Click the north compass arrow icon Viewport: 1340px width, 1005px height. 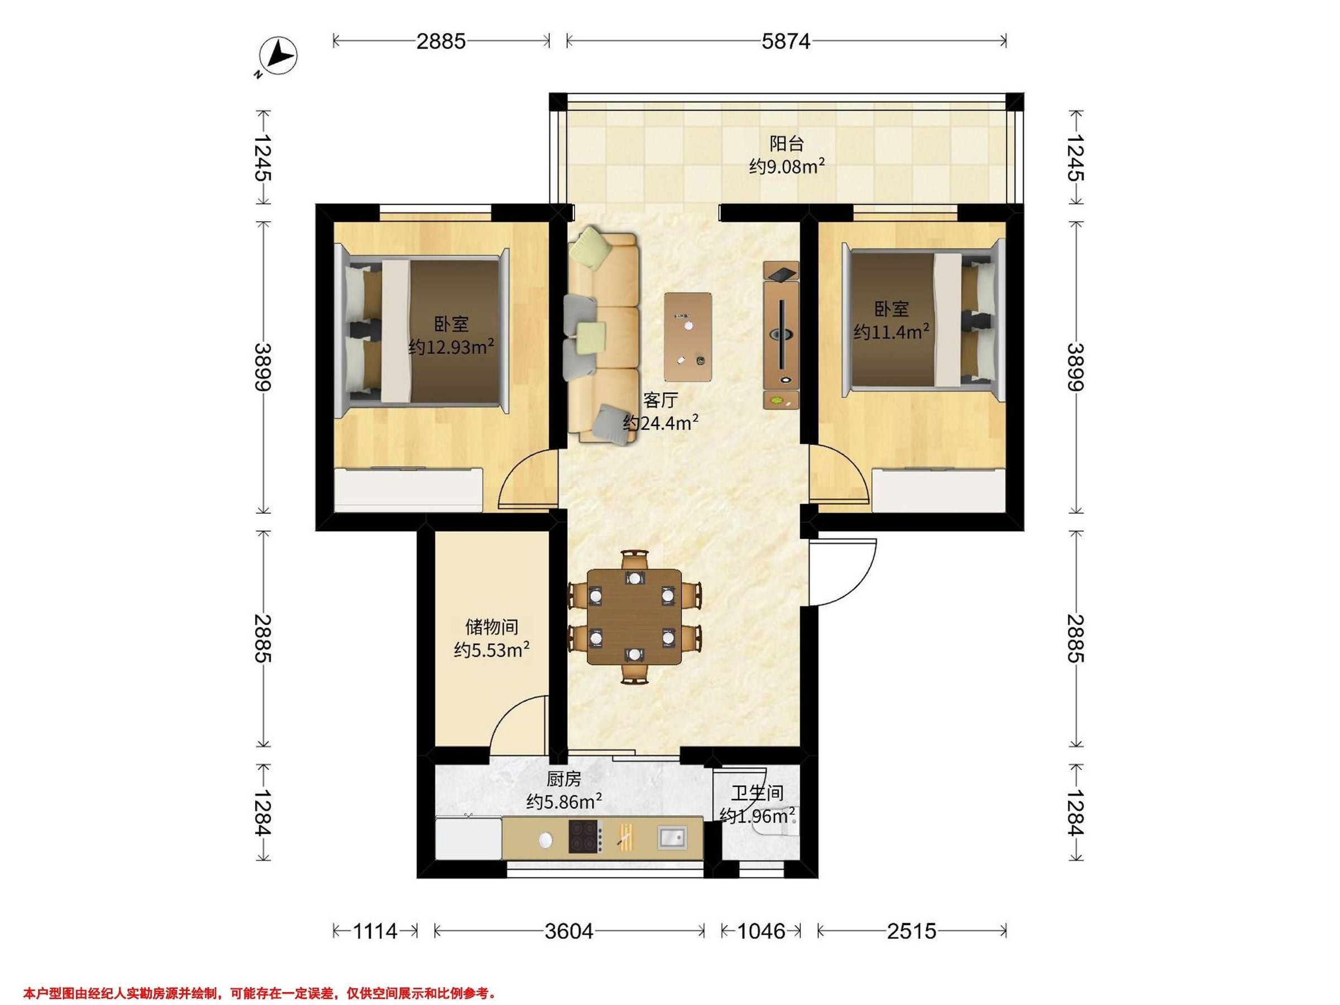(278, 57)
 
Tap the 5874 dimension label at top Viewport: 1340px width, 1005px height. (786, 41)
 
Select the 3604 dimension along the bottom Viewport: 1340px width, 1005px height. (569, 931)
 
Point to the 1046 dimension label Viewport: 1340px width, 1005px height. (761, 931)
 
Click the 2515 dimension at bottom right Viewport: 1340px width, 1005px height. (912, 931)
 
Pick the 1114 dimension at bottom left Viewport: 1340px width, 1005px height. (375, 931)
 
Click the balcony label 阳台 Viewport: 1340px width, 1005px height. (787, 143)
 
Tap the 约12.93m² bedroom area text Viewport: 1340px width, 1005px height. (451, 347)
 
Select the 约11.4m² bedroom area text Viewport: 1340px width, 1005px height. (892, 331)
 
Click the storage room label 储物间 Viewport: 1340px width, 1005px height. (491, 626)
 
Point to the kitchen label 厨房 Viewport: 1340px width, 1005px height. (563, 779)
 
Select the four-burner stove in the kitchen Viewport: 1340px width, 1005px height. (585, 836)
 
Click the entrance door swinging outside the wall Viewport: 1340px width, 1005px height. (843, 572)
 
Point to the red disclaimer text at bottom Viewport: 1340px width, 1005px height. (260, 976)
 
